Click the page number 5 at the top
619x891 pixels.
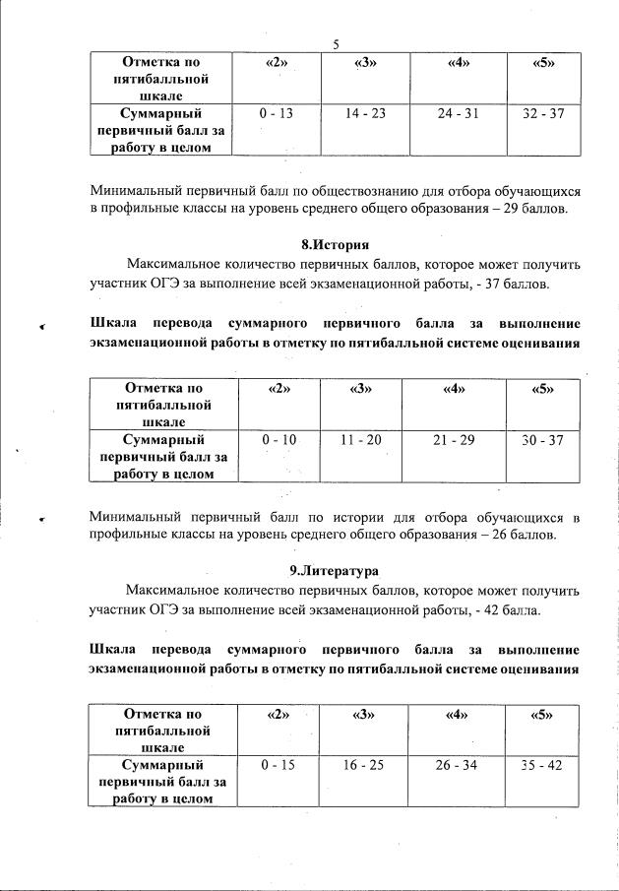[x=336, y=44]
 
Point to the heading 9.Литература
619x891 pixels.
[x=335, y=571]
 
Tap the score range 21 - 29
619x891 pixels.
[x=454, y=439]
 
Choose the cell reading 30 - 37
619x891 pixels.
[x=543, y=439]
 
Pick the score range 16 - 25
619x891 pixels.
[x=364, y=765]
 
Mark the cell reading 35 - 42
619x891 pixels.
[x=542, y=765]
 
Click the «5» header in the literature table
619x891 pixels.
[x=542, y=715]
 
